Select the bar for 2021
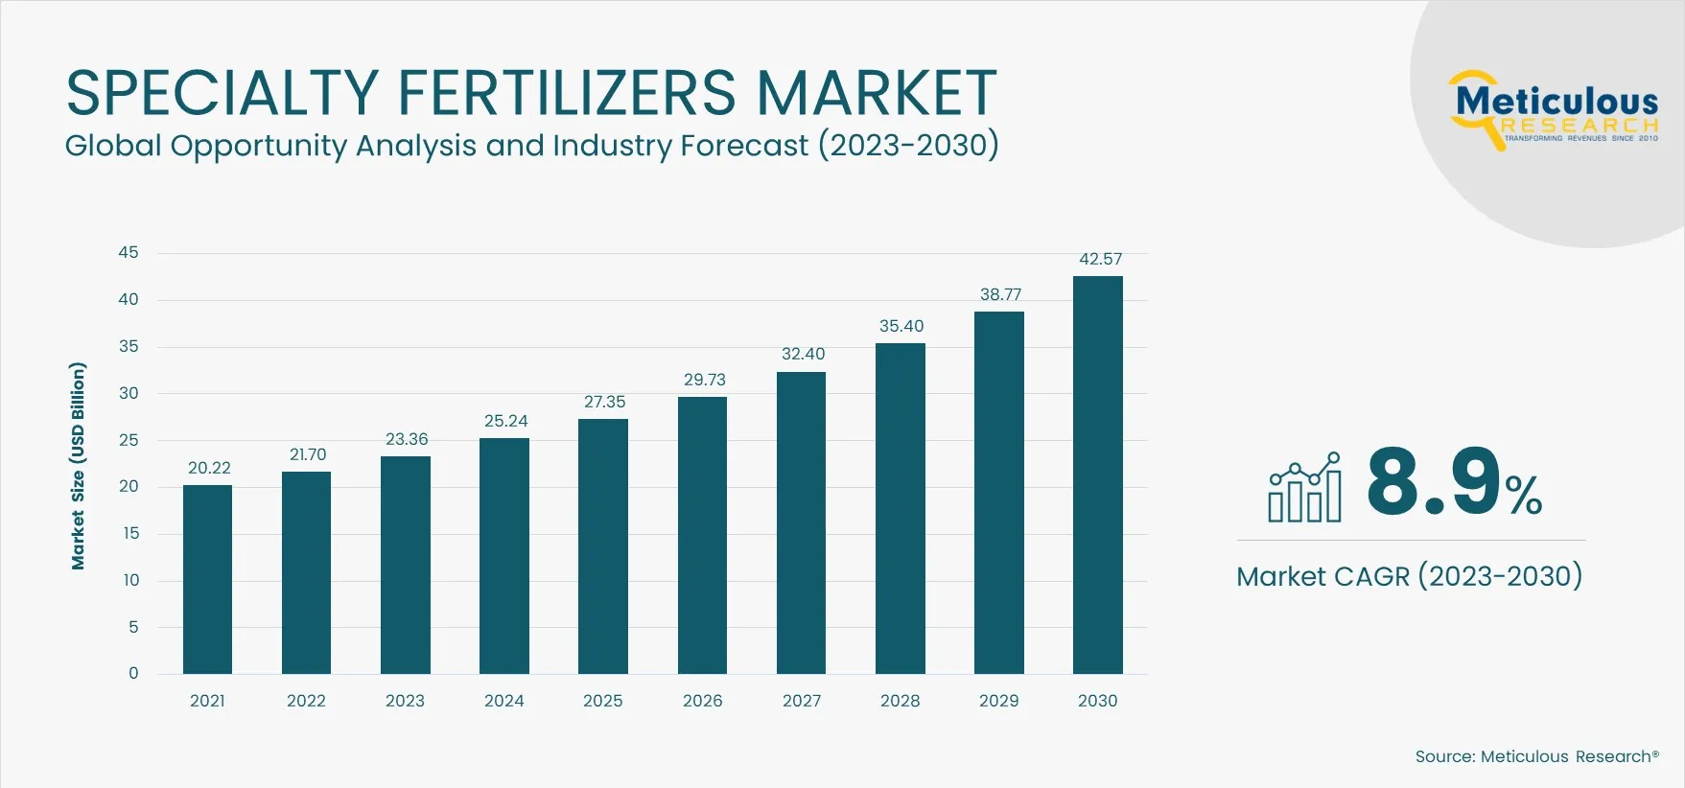coord(207,579)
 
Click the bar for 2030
coord(1097,475)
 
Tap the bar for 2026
coord(702,535)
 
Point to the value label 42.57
coord(1100,259)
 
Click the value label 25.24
coord(505,421)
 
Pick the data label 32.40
coord(803,354)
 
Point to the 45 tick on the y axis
coord(128,252)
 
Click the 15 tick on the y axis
coord(129,533)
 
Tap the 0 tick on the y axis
coord(133,673)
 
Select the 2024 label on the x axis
coord(503,701)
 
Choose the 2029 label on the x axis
coord(998,701)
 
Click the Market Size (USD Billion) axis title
coord(78,466)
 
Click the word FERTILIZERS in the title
coord(566,93)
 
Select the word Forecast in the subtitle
coord(744,146)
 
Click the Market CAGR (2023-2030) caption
coord(1409,576)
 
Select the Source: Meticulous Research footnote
coord(1536,756)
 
